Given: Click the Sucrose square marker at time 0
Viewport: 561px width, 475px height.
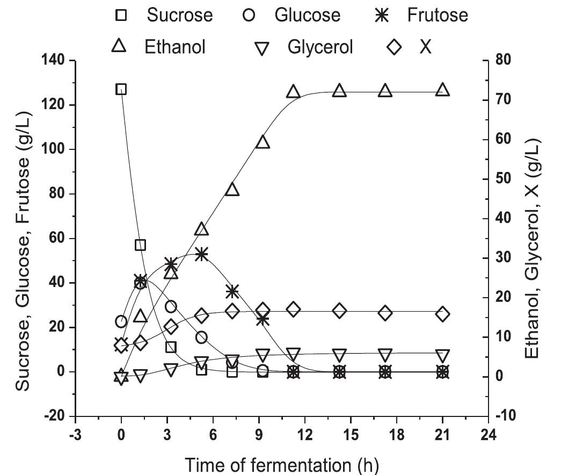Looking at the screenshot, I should point(121,89).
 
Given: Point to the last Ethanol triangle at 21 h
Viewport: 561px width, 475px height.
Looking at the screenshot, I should point(442,90).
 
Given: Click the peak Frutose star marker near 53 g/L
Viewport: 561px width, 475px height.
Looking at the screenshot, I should point(201,254).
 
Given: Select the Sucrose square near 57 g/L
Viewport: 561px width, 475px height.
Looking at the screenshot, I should point(140,245).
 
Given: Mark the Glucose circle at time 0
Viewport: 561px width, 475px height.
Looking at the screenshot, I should point(121,322).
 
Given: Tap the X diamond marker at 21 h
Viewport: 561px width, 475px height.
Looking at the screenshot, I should point(442,314).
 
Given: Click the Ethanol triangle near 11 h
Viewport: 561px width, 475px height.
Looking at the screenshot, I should point(293,92).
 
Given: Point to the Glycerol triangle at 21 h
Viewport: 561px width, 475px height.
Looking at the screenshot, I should point(442,356).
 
